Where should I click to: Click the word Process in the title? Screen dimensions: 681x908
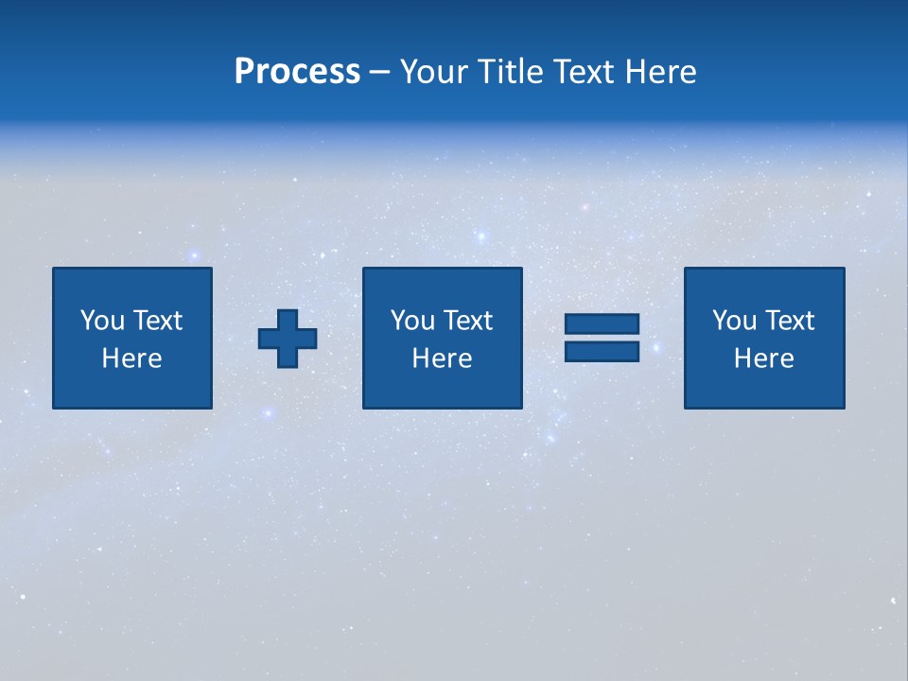(297, 72)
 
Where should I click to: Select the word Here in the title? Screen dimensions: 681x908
(659, 72)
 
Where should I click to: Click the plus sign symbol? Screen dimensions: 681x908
(288, 339)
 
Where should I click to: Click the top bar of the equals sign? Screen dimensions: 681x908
(602, 323)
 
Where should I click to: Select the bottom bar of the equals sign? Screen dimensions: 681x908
(602, 351)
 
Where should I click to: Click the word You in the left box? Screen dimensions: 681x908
(102, 321)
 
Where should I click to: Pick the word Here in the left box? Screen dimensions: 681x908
(131, 358)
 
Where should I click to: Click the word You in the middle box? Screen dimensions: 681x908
(412, 321)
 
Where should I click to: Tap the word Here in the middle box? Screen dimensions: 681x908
(442, 358)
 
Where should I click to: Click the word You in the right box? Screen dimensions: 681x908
(734, 321)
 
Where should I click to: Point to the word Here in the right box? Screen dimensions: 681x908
(763, 358)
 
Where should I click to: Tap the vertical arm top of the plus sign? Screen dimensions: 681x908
(288, 319)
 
